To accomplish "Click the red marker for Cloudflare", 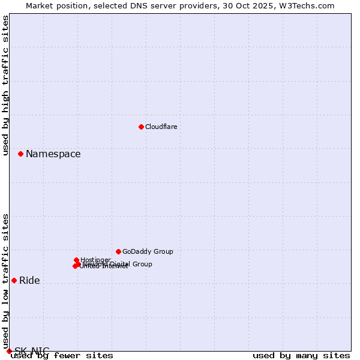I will (x=141, y=127).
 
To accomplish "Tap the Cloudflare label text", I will (x=161, y=127).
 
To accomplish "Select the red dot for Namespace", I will (x=20, y=154).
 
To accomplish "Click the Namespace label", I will (x=53, y=154).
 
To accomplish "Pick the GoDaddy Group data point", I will (x=118, y=251).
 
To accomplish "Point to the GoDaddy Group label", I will (x=148, y=251).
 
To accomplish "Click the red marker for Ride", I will (x=14, y=280).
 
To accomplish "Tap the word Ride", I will (x=29, y=280).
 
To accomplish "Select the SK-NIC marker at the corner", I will (x=9, y=351).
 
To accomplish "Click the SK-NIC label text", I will (x=32, y=350).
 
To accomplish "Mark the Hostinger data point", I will (x=77, y=260).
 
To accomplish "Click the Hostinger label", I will (x=95, y=260).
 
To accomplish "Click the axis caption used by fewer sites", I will (x=62, y=355).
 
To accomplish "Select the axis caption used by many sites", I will (x=301, y=355).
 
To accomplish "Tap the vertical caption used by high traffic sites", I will (x=5, y=85).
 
